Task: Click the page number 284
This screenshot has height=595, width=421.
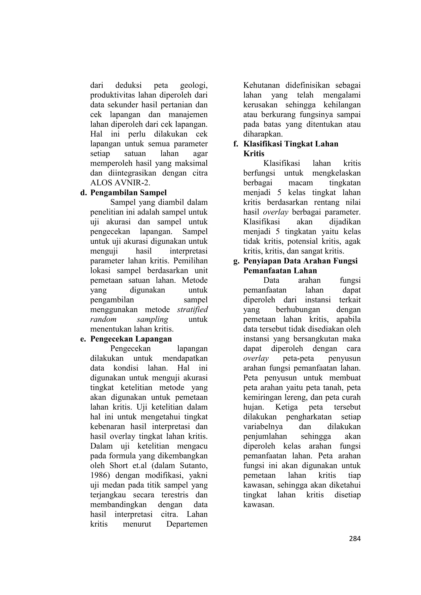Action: click(355, 539)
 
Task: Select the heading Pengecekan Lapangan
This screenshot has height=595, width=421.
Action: click(131, 339)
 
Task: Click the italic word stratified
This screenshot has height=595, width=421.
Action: click(192, 310)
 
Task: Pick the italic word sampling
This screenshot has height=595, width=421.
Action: click(153, 319)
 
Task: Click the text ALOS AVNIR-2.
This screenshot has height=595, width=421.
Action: click(120, 183)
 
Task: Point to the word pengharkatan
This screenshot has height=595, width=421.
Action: click(309, 417)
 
